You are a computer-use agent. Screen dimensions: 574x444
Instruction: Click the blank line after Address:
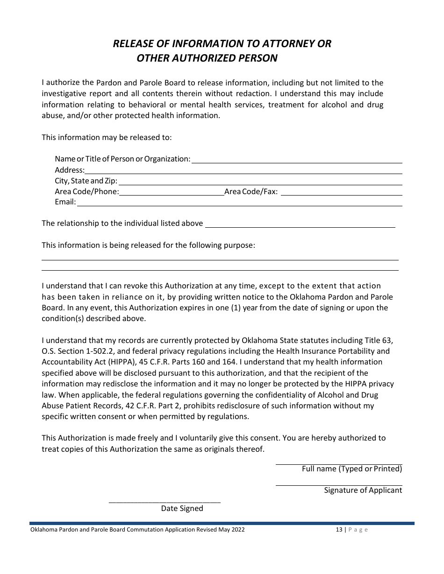click(x=243, y=173)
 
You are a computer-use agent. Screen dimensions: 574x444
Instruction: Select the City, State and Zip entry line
click(x=260, y=184)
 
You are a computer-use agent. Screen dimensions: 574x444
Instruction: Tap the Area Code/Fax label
click(x=251, y=191)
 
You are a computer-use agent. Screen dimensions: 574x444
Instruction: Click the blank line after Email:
click(x=239, y=205)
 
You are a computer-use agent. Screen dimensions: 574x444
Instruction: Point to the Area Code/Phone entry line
click(x=172, y=195)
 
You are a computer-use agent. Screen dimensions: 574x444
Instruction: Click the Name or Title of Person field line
click(x=297, y=162)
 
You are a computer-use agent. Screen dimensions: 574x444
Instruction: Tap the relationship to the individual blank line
click(x=300, y=227)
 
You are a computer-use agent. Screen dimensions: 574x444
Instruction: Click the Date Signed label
click(x=182, y=509)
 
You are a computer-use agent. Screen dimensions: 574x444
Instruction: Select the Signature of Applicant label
click(x=363, y=490)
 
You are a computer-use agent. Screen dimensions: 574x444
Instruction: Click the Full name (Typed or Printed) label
click(x=351, y=469)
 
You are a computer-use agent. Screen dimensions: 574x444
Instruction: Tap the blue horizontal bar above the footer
click(x=222, y=523)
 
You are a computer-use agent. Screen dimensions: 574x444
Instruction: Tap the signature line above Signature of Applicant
click(x=338, y=485)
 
